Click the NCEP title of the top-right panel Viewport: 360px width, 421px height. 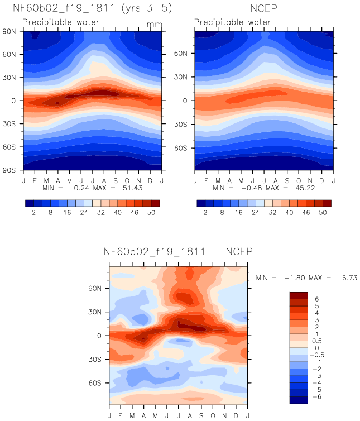tap(263, 8)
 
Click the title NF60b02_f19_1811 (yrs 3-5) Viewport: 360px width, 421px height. tap(92, 8)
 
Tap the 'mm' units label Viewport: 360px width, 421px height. tap(155, 25)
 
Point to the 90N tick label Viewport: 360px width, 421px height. tap(9, 31)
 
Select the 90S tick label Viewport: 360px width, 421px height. tap(9, 170)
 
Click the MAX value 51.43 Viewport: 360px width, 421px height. tap(132, 188)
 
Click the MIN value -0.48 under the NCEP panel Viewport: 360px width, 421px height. tap(252, 188)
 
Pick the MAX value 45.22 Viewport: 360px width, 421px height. tap(305, 188)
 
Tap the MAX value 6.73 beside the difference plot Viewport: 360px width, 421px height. tap(349, 278)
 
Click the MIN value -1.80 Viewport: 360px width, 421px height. tap(295, 278)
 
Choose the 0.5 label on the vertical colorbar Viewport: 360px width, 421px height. tap(317, 341)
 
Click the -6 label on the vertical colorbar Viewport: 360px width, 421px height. tap(317, 397)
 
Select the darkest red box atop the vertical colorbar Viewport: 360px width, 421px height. tap(299, 295)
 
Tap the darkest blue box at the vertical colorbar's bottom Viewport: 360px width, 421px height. tap(299, 400)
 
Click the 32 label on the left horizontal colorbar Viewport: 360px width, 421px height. tap(101, 213)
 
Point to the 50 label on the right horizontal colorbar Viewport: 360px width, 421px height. tap(323, 213)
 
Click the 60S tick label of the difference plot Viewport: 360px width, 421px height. tap(95, 383)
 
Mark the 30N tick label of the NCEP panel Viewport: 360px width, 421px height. tap(180, 77)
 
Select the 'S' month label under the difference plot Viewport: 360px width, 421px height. tap(201, 416)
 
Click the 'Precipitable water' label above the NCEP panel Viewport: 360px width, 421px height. tap(233, 22)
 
